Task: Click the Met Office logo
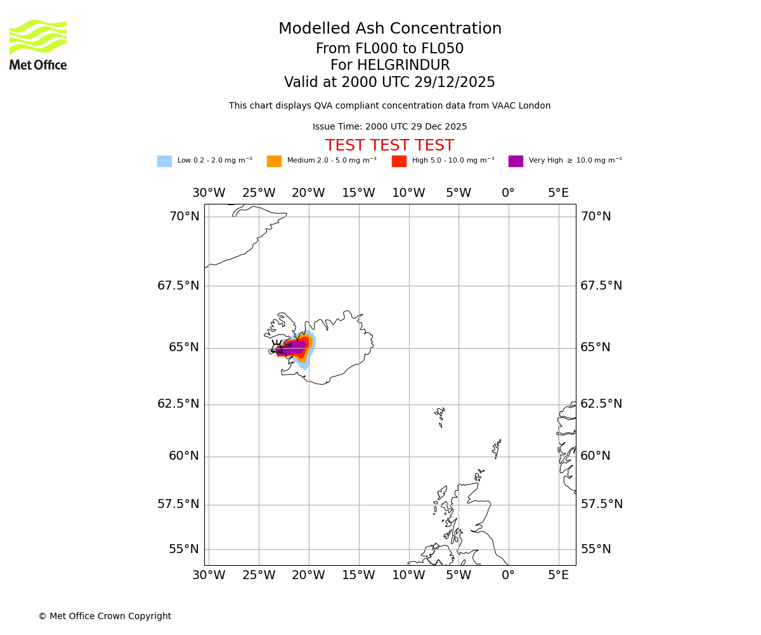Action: [x=38, y=45]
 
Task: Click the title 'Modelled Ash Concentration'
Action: [x=389, y=29]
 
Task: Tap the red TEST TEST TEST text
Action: [x=389, y=146]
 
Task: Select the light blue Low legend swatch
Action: [x=164, y=161]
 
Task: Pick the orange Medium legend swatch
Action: [x=274, y=161]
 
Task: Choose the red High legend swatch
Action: [x=399, y=161]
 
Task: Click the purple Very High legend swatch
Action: [x=516, y=161]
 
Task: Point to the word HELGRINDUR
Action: [x=403, y=66]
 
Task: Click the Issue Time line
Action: [x=389, y=127]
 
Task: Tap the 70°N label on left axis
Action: [x=184, y=217]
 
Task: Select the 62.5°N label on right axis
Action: [x=601, y=404]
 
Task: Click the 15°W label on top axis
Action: [x=358, y=193]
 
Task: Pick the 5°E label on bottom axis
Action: [x=558, y=575]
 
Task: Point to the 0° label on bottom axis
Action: [x=508, y=575]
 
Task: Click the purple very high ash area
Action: [x=293, y=347]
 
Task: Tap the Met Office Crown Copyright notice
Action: [x=105, y=617]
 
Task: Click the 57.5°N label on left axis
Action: [x=178, y=504]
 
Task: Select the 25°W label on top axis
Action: [x=259, y=193]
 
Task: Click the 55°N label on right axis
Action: [x=595, y=549]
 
